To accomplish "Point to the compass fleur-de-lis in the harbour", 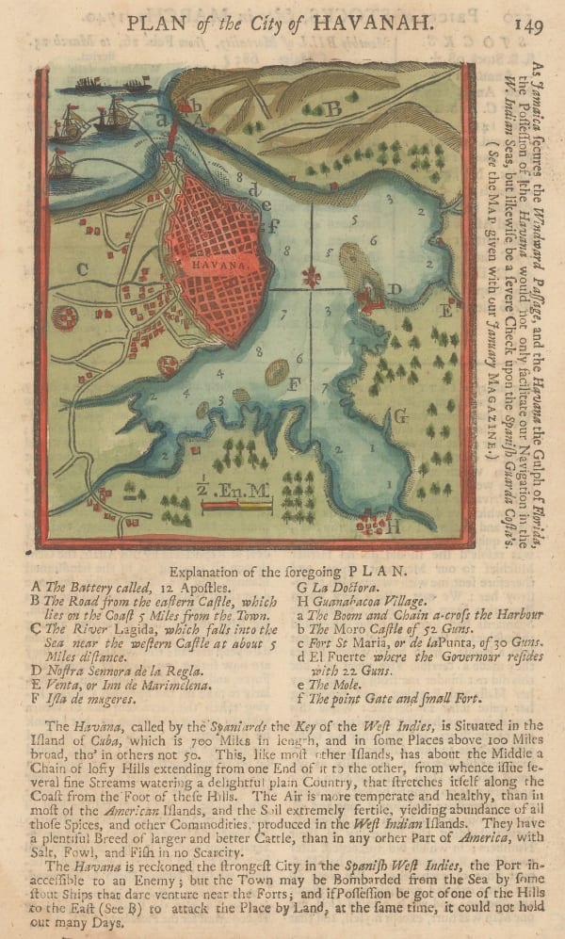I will (310, 276).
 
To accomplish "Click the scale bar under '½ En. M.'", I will (235, 507).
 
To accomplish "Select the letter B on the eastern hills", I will (332, 108).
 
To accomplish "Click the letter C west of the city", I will (83, 269).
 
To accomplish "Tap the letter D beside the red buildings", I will (396, 289).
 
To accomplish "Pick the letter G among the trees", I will (399, 415).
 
